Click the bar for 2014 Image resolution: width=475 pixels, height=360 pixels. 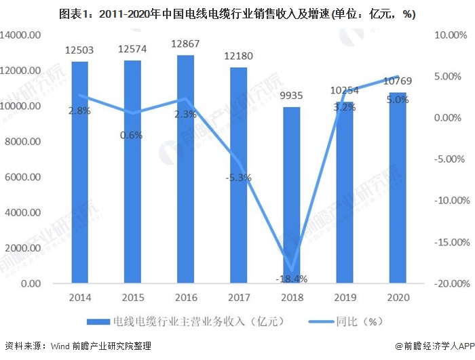79,172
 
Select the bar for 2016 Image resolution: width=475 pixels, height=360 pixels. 185,169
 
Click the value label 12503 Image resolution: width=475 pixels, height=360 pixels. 79,50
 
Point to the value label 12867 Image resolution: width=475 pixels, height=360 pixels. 185,44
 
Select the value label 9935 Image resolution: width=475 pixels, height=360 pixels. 291,95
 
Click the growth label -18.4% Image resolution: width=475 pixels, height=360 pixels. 291,278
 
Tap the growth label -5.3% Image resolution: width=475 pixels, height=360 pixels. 238,178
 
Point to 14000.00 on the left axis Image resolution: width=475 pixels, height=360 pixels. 22,35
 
